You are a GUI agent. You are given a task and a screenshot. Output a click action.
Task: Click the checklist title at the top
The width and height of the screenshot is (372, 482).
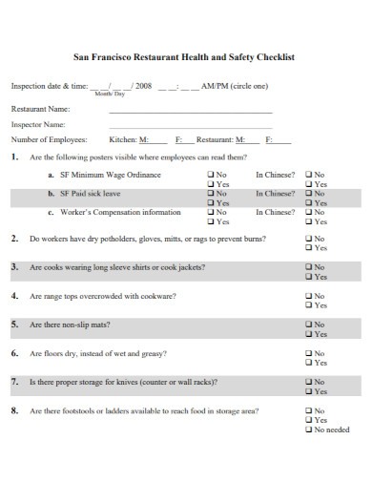184,57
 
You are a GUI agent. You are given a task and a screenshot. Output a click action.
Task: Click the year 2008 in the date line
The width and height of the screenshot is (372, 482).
143,86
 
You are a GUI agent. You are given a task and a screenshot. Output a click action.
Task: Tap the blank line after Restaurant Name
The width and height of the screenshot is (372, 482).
190,111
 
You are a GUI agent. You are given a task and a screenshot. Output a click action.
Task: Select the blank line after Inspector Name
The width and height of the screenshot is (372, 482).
190,125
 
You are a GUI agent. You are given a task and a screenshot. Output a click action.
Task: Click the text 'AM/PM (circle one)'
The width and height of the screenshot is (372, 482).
234,86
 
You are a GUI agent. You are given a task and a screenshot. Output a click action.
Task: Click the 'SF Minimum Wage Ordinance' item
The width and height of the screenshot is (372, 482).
111,175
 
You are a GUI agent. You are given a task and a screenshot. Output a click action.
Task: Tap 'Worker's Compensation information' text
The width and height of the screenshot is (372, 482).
120,212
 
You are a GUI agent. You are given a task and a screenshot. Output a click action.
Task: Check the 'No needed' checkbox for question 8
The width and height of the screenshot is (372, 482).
308,430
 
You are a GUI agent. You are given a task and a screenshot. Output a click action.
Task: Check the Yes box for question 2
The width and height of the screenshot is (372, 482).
308,247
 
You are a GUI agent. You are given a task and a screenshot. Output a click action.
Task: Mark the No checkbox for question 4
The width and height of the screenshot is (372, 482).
308,296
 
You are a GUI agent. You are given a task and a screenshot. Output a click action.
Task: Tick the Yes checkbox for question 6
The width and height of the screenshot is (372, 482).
308,363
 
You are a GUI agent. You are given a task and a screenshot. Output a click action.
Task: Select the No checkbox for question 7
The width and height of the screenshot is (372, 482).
308,382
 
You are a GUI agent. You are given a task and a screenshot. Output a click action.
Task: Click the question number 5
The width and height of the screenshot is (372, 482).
14,325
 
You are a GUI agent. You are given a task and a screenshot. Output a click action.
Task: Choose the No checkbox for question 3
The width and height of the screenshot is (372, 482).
308,267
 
